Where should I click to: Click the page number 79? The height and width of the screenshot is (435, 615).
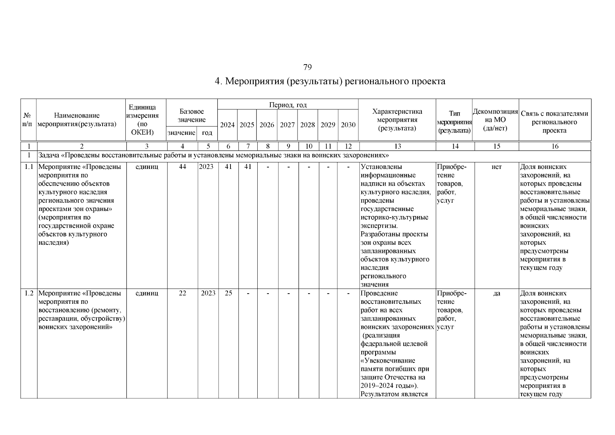(307, 67)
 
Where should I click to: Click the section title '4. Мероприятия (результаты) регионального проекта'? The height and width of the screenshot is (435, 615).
(330, 81)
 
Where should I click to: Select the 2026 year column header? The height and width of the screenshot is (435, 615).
(267, 125)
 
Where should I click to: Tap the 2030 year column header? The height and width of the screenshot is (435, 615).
(348, 125)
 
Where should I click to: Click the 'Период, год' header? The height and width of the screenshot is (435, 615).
(288, 105)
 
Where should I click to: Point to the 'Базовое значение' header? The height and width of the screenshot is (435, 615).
(191, 116)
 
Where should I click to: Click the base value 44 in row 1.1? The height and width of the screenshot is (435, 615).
(182, 167)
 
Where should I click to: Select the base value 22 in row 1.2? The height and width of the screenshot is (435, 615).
(182, 293)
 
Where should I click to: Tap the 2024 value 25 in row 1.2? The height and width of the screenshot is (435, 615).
(228, 293)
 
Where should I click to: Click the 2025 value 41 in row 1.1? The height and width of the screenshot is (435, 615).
(248, 167)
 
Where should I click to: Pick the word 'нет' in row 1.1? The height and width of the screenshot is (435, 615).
(496, 167)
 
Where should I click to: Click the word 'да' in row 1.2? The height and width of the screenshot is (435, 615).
(496, 293)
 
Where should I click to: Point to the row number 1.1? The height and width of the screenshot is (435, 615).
(29, 167)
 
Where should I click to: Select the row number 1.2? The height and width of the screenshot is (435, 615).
(29, 293)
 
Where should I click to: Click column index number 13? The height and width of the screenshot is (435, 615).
(398, 146)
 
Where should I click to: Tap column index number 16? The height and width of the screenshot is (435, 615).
(554, 146)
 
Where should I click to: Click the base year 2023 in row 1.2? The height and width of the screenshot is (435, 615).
(208, 293)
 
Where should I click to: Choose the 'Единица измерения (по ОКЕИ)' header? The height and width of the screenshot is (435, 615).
(143, 120)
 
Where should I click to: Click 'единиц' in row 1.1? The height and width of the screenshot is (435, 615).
(146, 167)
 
